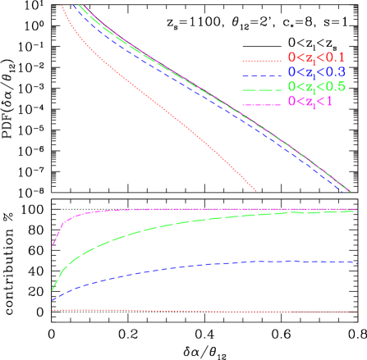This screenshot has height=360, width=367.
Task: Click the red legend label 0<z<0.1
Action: pyautogui.click(x=316, y=57)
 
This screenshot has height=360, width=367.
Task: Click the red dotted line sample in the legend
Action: pyautogui.click(x=262, y=60)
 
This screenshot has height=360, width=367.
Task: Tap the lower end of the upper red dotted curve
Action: pyautogui.click(x=256, y=190)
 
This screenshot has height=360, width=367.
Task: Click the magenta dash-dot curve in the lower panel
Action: pyautogui.click(x=205, y=209)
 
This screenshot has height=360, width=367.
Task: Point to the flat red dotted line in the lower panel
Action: pyautogui.click(x=205, y=311)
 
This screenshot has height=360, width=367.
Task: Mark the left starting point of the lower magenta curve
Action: pyautogui.click(x=53, y=245)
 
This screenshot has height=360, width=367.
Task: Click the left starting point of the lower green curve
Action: pyautogui.click(x=52, y=290)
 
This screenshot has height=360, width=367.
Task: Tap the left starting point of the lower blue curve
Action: pyautogui.click(x=52, y=300)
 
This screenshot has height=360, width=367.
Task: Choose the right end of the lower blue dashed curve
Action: pyautogui.click(x=354, y=262)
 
